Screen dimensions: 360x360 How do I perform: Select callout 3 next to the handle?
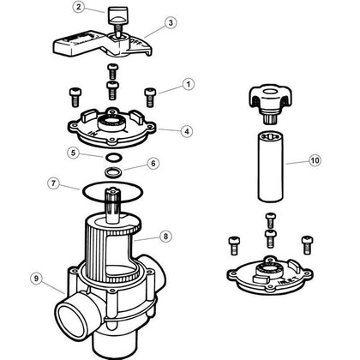[x=171, y=24]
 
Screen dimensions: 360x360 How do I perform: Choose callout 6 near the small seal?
[x=153, y=163]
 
